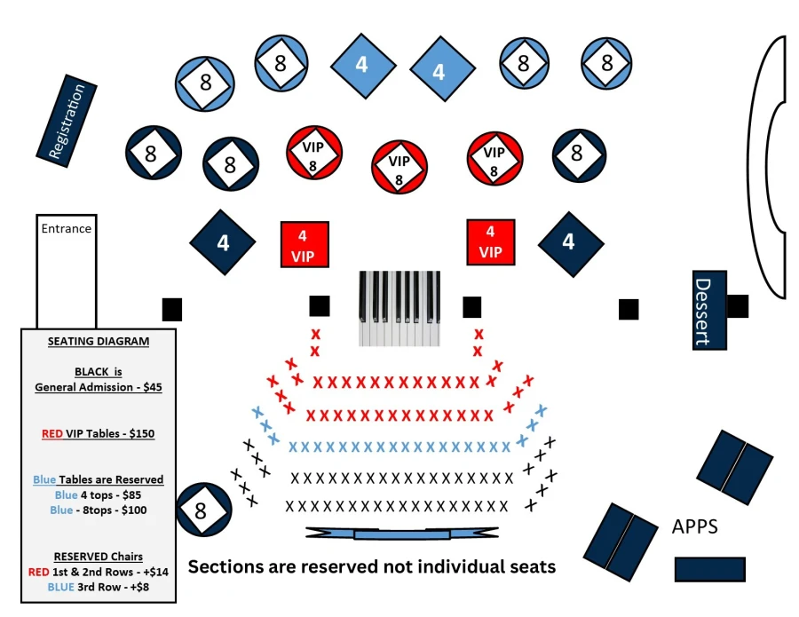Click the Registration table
click(x=67, y=122)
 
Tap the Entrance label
click(x=67, y=228)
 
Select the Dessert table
click(x=709, y=310)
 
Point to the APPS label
click(x=695, y=526)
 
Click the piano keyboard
click(x=399, y=309)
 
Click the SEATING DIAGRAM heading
click(x=99, y=342)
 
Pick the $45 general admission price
click(x=153, y=387)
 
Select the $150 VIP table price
click(x=142, y=433)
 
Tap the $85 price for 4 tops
click(x=131, y=494)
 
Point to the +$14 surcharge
click(x=155, y=572)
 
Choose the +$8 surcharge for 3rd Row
click(x=139, y=587)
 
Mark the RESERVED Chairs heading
click(x=99, y=557)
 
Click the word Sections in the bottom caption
click(x=218, y=566)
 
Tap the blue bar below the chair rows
click(x=402, y=534)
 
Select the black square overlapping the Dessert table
click(x=738, y=306)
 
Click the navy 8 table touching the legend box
click(x=204, y=510)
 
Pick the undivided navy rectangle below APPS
click(x=710, y=569)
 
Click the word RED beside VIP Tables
click(x=52, y=433)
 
